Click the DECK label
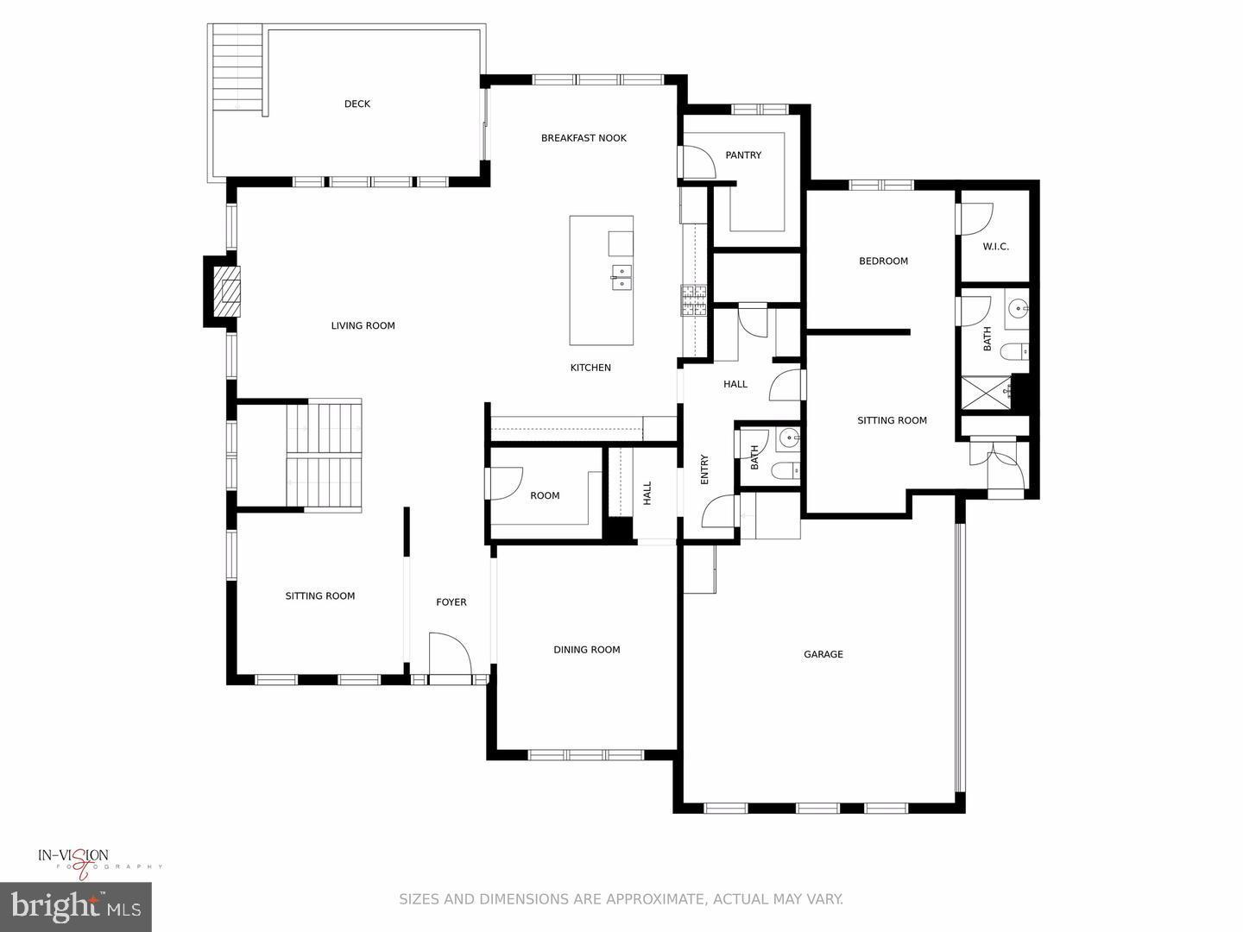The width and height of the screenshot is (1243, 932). point(356,104)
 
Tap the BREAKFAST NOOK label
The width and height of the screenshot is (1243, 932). point(584,138)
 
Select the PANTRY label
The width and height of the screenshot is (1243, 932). point(743,155)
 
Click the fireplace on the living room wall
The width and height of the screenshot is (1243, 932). point(227,292)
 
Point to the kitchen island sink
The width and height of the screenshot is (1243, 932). point(621,276)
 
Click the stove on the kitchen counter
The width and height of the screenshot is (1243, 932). point(693,299)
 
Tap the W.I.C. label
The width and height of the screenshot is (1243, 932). point(995,247)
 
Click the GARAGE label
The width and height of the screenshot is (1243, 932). point(823,654)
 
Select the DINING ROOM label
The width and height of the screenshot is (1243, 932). point(587,650)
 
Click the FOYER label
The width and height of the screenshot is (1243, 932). point(451,602)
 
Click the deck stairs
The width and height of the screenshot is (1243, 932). point(237,69)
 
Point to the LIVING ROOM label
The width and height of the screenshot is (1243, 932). point(363,325)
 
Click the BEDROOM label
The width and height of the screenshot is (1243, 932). point(883,261)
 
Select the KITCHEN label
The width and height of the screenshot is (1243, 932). point(590,368)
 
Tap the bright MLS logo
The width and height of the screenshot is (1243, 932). point(76,906)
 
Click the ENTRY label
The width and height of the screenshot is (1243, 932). point(704,469)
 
